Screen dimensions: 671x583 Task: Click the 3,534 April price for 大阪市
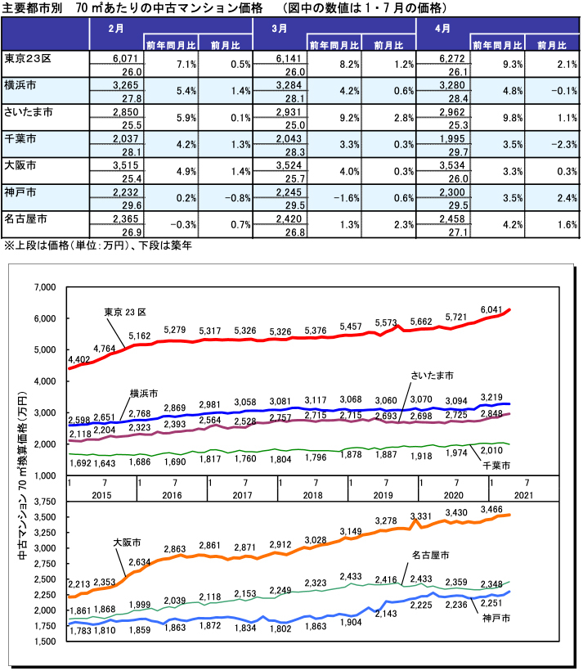(x=450, y=166)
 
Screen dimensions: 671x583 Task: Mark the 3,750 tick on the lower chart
(x=40, y=502)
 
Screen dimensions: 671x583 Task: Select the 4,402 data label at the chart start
(x=80, y=359)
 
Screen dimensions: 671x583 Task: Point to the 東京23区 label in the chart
(x=125, y=312)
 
